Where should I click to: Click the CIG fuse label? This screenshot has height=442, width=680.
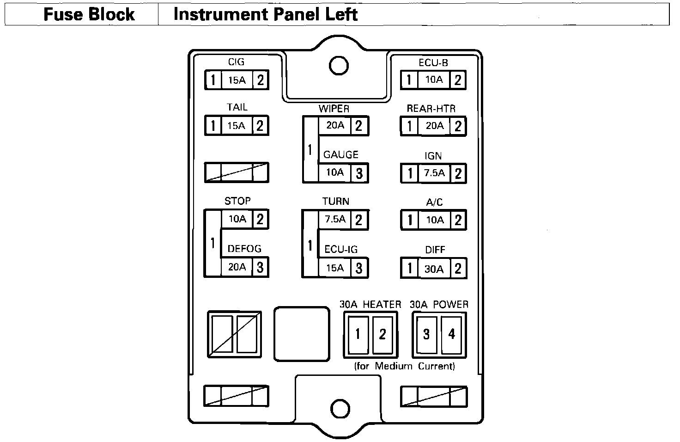pyautogui.click(x=236, y=62)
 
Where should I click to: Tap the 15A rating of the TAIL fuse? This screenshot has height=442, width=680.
pyautogui.click(x=237, y=126)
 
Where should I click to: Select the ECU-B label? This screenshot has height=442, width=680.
pyautogui.click(x=433, y=63)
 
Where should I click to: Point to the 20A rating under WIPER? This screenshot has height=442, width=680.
pyautogui.click(x=335, y=125)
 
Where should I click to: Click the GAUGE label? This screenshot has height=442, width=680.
pyautogui.click(x=341, y=155)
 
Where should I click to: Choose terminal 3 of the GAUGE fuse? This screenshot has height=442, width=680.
pyautogui.click(x=359, y=173)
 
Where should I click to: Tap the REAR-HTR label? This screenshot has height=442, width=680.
pyautogui.click(x=431, y=109)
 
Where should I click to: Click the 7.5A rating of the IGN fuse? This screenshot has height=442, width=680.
pyautogui.click(x=434, y=173)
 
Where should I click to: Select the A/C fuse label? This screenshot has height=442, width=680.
pyautogui.click(x=435, y=203)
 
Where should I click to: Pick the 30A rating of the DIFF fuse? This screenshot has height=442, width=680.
pyautogui.click(x=434, y=269)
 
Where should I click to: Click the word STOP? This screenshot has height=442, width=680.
pyautogui.click(x=237, y=201)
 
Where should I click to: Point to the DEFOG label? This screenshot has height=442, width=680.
pyautogui.click(x=244, y=249)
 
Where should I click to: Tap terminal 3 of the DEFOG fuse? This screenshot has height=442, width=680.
pyautogui.click(x=260, y=267)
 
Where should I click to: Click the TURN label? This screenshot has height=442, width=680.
pyautogui.click(x=336, y=202)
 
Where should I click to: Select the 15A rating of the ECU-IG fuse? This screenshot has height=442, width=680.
pyautogui.click(x=335, y=268)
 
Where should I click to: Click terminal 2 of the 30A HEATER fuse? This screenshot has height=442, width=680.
pyautogui.click(x=382, y=334)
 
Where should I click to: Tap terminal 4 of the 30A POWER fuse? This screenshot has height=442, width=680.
pyautogui.click(x=451, y=334)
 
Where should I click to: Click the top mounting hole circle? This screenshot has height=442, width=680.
pyautogui.click(x=339, y=65)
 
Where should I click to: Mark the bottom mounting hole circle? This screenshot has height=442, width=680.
pyautogui.click(x=340, y=408)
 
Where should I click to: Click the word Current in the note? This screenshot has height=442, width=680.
pyautogui.click(x=436, y=366)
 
